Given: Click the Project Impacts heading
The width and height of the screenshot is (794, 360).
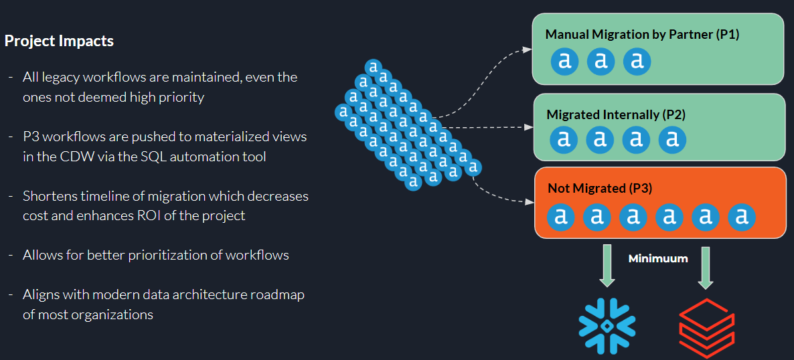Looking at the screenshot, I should [59, 41].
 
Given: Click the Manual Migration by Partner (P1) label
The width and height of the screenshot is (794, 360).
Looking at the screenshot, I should [642, 34].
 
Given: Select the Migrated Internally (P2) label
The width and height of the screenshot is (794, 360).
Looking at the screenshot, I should [616, 114].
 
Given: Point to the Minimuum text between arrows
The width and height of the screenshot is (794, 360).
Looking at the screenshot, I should [658, 258].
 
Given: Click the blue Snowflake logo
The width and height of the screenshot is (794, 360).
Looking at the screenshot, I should [607, 325].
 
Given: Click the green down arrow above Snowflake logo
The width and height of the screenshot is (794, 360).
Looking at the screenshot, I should [607, 264].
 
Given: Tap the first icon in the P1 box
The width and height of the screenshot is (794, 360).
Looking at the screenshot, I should [565, 62].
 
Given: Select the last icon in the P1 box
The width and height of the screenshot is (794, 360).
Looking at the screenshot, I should [637, 62].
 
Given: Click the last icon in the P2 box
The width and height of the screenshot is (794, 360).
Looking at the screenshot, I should [672, 139].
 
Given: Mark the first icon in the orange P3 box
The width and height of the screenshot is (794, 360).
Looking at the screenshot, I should [561, 216].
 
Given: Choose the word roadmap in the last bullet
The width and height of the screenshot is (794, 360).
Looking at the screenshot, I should [279, 294].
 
